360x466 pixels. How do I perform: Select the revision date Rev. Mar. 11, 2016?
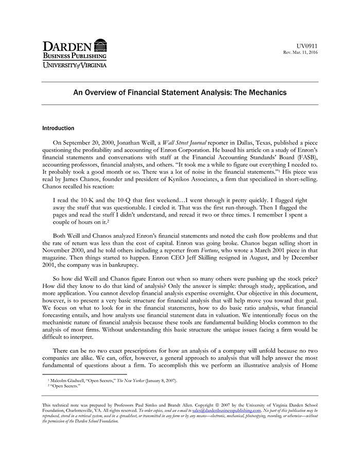(x=301, y=53)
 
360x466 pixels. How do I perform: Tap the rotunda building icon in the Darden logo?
(x=101, y=45)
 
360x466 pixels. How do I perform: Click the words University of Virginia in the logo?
(x=75, y=65)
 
